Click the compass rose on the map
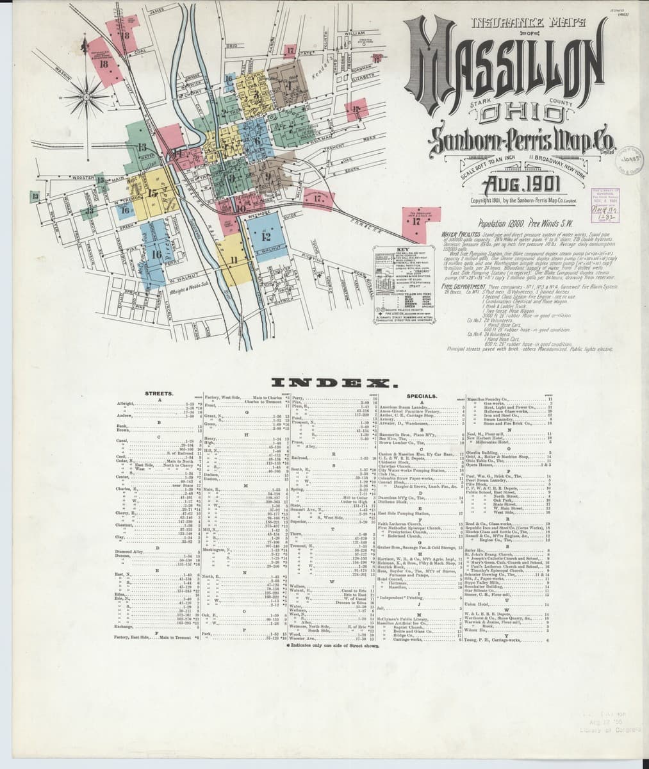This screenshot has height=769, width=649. coord(82,97)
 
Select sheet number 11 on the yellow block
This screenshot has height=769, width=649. coord(234,260)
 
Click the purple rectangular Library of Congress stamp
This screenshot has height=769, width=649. coord(605,199)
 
